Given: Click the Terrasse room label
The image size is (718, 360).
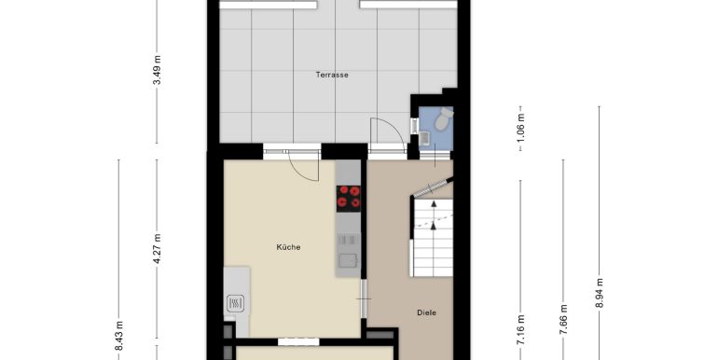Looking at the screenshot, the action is [x=332, y=75].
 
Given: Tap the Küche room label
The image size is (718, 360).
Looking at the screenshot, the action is [x=288, y=247].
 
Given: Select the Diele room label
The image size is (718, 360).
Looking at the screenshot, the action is [x=426, y=312].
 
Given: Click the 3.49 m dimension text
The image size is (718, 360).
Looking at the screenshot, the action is [x=157, y=70].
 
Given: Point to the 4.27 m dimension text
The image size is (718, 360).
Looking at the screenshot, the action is [x=157, y=248].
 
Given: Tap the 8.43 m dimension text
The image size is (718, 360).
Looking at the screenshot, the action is [x=118, y=336].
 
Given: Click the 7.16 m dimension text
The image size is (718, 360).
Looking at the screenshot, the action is [x=520, y=331].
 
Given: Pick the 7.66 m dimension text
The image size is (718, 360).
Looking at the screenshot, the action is [x=564, y=319].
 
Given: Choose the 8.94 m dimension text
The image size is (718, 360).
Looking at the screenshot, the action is [x=600, y=293].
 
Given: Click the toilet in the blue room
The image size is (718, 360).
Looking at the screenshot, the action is [x=443, y=118].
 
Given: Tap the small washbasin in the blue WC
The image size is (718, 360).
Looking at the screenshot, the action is [x=424, y=137].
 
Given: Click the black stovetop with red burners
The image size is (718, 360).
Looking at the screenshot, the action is [x=349, y=199].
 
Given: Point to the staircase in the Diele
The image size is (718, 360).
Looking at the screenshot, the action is [x=433, y=237].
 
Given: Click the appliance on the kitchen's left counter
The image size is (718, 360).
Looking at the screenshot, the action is [x=235, y=303].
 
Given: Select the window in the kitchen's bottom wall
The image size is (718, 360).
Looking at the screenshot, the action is [x=298, y=341].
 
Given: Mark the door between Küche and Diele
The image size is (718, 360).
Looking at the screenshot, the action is [x=364, y=298].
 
